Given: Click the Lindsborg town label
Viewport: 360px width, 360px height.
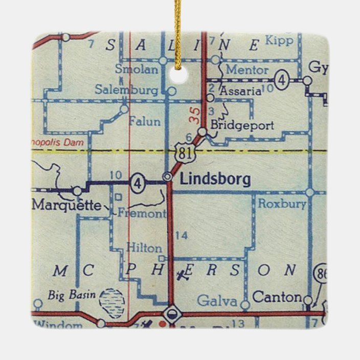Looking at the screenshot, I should tap(215, 179).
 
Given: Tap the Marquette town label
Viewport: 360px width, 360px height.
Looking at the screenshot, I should tap(66, 206).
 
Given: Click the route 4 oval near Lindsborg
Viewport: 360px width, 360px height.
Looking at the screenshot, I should tap(137, 183).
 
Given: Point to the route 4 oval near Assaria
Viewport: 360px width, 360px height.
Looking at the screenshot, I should tap(281, 81).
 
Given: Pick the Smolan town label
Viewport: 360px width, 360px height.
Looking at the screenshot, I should tap(136, 70).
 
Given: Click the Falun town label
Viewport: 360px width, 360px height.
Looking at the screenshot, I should tap(144, 122).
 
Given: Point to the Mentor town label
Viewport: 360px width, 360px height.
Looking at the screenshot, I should tap(247, 70).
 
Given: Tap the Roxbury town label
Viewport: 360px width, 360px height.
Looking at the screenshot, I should tap(282, 204).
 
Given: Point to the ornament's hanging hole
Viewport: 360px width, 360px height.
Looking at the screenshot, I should tap(178, 75).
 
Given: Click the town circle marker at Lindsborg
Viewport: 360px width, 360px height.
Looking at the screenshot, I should tap(167, 176).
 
